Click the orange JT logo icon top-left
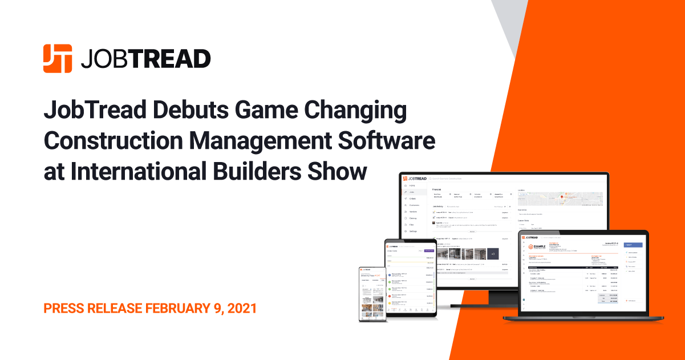point(58,58)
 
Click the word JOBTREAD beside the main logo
point(145,59)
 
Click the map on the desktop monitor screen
point(561,199)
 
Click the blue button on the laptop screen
point(634,245)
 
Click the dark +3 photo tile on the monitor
point(492,253)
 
